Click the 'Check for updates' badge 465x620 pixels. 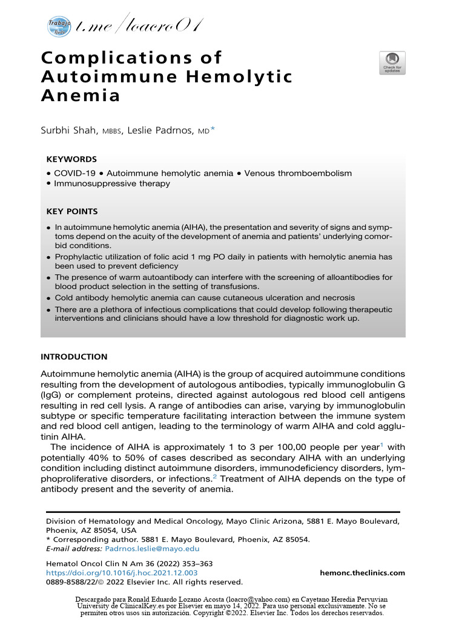click(392, 63)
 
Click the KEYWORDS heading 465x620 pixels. click(71, 159)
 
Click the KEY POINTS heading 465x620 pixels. click(71, 211)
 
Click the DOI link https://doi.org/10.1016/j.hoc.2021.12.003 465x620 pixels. click(121, 573)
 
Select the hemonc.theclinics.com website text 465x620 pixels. click(362, 573)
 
